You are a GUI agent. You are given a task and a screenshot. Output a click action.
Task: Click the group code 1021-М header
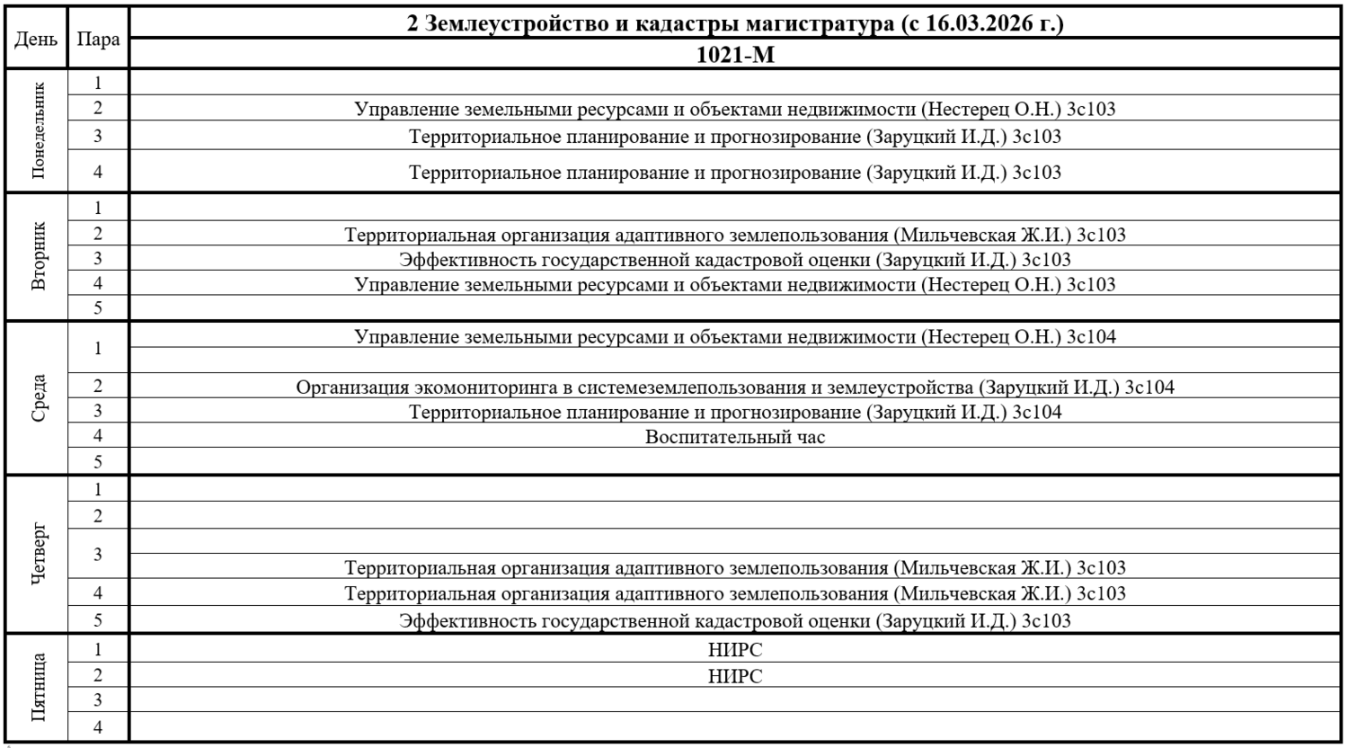coord(734,55)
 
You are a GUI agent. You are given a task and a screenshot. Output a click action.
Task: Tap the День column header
coord(36,40)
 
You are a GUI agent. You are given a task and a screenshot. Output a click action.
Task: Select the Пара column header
coord(98,40)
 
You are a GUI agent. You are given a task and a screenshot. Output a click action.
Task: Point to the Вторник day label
coord(38,256)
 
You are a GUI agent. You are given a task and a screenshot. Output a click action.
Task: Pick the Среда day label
coord(38,397)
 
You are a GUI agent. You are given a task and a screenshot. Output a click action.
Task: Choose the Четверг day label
coord(38,554)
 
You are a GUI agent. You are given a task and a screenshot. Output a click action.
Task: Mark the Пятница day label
coord(38,688)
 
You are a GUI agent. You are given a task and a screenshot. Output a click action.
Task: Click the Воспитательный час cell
coord(734,438)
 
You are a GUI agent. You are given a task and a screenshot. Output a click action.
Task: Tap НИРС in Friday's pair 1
coord(734,650)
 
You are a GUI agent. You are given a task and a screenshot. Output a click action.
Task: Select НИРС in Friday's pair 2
coord(734,676)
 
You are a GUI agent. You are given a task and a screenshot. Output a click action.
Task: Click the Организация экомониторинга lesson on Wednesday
coord(734,387)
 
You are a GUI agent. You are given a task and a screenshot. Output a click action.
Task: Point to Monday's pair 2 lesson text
coord(734,110)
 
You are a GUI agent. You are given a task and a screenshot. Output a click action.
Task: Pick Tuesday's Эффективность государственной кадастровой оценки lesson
coord(734,260)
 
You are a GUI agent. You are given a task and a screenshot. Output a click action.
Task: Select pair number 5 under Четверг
coord(98,619)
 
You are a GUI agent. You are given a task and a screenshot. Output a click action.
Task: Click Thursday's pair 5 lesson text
coord(734,620)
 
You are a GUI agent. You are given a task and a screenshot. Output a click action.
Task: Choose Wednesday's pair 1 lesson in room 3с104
coord(734,337)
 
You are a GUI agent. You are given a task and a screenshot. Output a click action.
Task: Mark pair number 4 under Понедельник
coord(98,172)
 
